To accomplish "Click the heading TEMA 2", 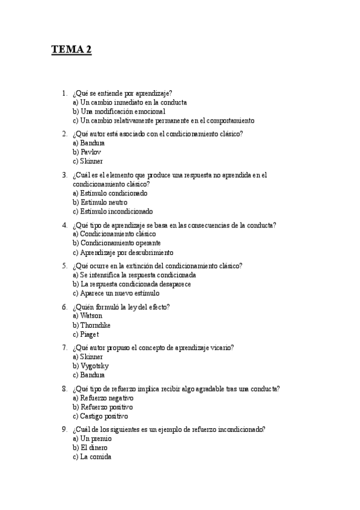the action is tap(71, 50).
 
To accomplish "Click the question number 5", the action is tap(64, 266).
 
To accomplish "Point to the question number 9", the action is tap(64, 429).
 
